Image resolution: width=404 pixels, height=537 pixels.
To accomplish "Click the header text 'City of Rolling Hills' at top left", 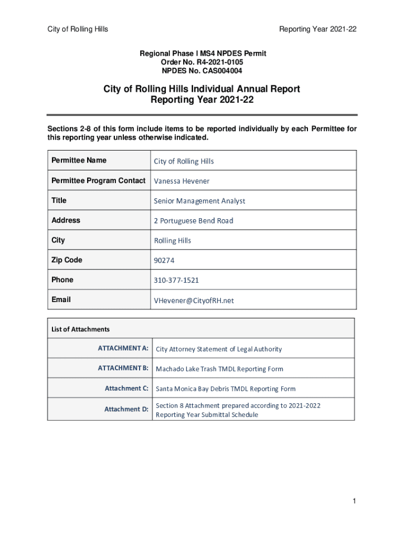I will (x=78, y=29).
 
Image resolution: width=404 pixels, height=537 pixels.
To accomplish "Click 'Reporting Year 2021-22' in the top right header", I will (x=318, y=29).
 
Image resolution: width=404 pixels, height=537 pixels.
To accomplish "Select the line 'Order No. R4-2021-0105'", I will (x=202, y=62).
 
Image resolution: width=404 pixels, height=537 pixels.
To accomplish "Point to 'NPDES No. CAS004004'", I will (x=202, y=70).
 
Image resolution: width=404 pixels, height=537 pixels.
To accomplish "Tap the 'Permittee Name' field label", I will (x=79, y=160).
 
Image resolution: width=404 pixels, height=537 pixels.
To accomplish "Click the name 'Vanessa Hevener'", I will (x=182, y=181).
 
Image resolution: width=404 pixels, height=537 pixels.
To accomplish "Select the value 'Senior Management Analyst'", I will (x=199, y=201).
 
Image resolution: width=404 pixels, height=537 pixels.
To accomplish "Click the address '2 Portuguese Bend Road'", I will (x=194, y=221).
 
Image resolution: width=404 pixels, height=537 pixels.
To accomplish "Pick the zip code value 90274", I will (x=164, y=260).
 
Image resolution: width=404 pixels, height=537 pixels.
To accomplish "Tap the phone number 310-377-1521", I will (x=176, y=280).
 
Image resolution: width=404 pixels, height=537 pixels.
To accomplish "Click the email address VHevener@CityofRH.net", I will (x=194, y=300).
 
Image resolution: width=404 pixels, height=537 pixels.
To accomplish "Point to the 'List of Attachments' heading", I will (x=80, y=329).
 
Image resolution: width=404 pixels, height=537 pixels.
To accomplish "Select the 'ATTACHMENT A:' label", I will (x=123, y=348).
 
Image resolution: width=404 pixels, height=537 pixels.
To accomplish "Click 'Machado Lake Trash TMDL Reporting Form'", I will (x=219, y=369).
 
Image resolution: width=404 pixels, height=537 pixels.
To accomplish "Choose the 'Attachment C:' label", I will (x=126, y=389).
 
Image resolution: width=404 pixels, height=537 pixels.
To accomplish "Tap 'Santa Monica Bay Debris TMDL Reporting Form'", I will (x=226, y=389).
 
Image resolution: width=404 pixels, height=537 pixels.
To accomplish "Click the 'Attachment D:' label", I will (x=126, y=409).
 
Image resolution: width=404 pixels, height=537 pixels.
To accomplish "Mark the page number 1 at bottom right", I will (x=355, y=502).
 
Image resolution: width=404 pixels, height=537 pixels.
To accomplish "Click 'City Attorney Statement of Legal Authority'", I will (x=219, y=349).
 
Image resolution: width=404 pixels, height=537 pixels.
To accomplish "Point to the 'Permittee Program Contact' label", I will (x=98, y=180).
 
